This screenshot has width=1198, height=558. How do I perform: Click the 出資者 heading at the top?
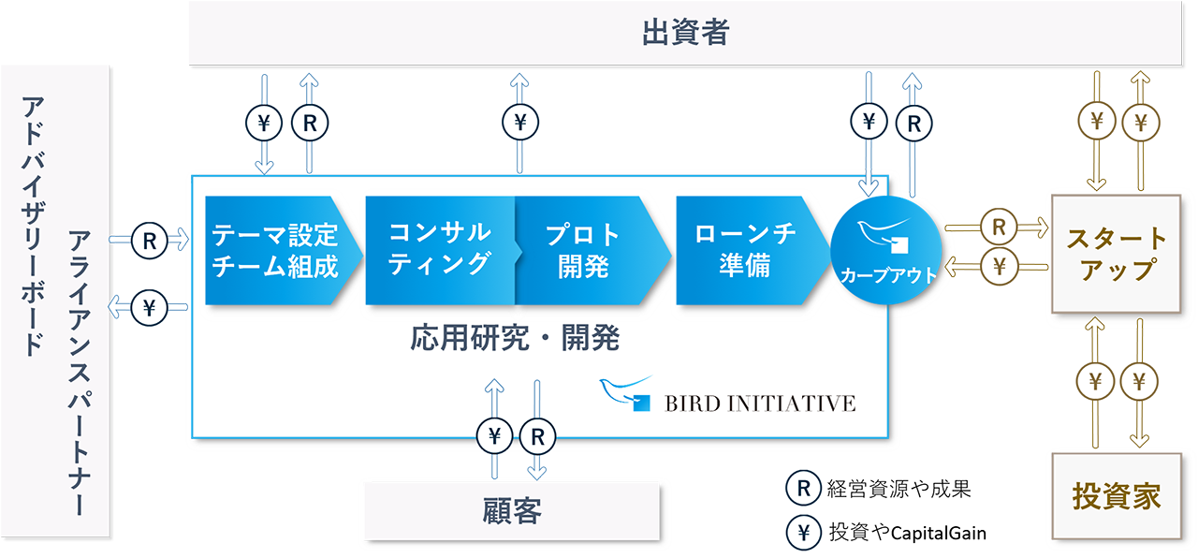click(686, 32)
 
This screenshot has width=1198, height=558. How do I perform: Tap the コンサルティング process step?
click(440, 250)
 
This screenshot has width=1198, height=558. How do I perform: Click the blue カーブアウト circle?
click(886, 250)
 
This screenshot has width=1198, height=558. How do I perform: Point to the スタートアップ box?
click(1117, 254)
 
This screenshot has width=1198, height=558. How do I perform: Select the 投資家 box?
click(1117, 496)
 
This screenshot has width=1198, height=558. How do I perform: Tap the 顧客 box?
click(512, 511)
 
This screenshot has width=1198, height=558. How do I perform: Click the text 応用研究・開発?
click(515, 338)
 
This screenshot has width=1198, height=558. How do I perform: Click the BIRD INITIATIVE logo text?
click(759, 404)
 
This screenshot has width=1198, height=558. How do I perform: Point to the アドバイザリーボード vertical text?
click(33, 226)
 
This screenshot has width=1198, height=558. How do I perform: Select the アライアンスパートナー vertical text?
click(80, 373)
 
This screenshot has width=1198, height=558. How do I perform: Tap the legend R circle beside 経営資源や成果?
click(803, 488)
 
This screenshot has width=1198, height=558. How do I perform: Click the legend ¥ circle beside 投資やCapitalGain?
click(803, 533)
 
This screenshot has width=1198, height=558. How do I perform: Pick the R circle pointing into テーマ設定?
click(149, 241)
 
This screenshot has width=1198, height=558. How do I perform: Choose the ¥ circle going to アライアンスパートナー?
click(149, 308)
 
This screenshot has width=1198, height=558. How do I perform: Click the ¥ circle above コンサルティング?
click(520, 122)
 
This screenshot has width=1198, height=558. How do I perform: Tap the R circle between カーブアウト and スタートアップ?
click(999, 227)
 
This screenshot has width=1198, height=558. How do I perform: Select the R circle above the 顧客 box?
click(537, 436)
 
